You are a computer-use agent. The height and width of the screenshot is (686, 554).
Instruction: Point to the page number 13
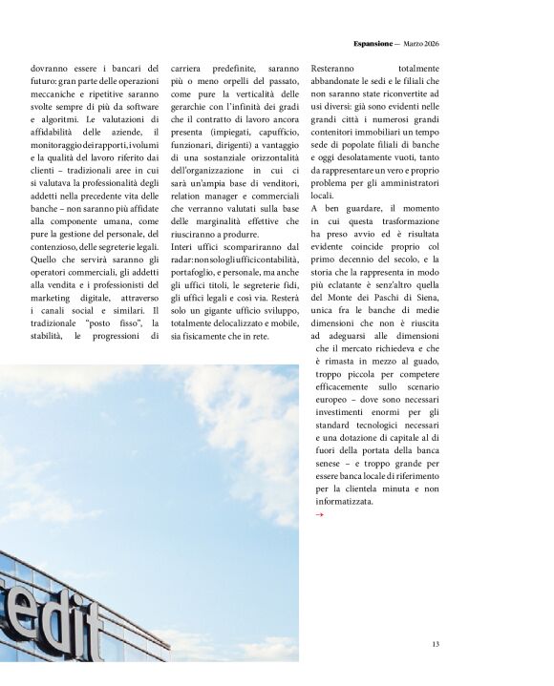point(436,644)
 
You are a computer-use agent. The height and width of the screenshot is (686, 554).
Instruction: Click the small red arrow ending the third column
point(319,514)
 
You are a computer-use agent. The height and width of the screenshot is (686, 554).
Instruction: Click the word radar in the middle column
point(183,259)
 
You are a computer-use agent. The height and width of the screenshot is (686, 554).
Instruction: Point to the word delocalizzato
point(229,323)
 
